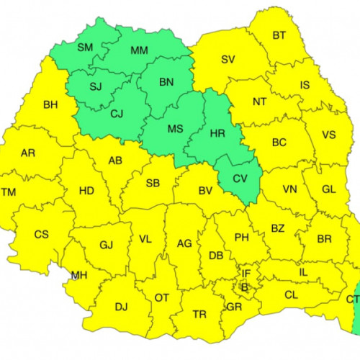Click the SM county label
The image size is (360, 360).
tap(85, 47)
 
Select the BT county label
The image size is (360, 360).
tap(279, 35)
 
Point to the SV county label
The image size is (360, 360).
tap(228, 59)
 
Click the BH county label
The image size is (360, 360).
tap(50, 105)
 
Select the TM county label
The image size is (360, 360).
tap(8, 192)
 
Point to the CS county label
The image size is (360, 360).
tap(42, 235)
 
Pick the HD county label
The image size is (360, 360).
tap(86, 191)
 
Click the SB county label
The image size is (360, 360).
tap(153, 183)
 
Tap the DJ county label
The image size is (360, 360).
tap(121, 307)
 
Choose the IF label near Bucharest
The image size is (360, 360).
tap(246, 274)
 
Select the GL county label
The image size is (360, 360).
tap(328, 189)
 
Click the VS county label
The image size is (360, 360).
tap(329, 135)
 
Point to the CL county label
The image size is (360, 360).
tap(291, 294)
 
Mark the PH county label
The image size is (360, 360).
tap(242, 238)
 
